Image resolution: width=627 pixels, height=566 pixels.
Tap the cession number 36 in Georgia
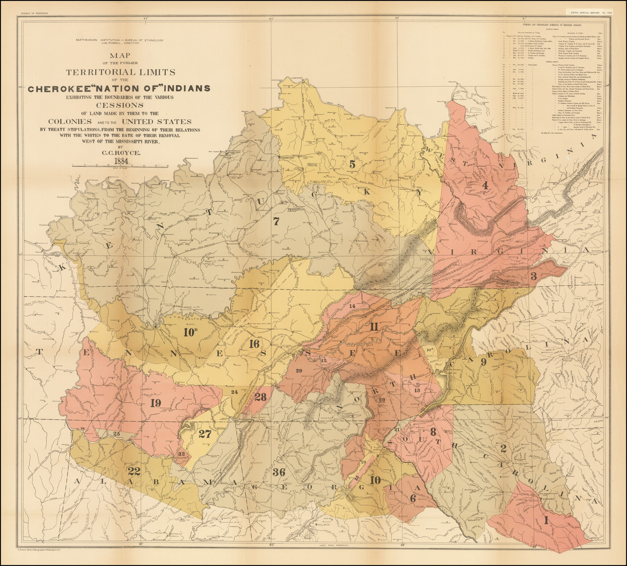(x=279, y=472)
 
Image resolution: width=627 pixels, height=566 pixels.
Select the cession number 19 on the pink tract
(x=156, y=403)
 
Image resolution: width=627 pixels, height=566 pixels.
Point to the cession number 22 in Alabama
(x=134, y=470)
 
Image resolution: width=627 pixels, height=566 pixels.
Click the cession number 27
(x=205, y=434)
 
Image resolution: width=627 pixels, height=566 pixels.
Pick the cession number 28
(x=260, y=397)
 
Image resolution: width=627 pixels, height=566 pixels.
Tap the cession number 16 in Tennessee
(x=254, y=344)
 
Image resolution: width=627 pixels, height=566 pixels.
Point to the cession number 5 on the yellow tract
(x=352, y=164)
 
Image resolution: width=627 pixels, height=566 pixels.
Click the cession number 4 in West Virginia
(x=484, y=186)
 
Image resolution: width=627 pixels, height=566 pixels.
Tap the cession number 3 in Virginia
(x=533, y=276)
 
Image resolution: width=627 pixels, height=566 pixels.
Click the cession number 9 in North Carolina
(x=483, y=362)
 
